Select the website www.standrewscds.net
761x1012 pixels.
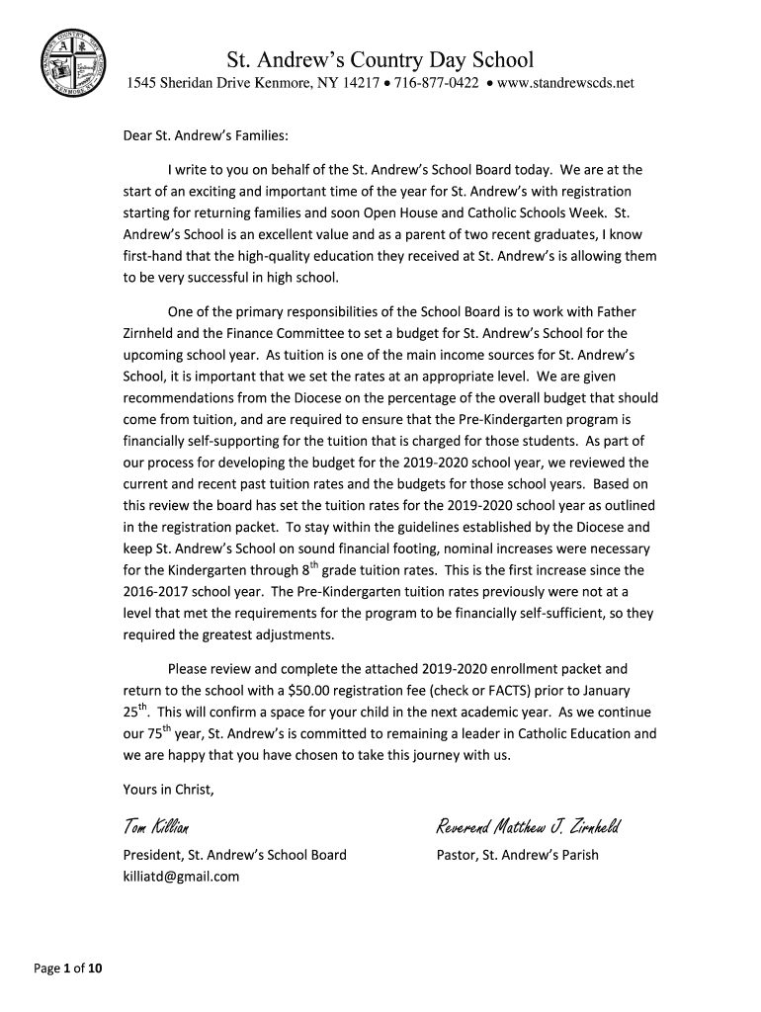pyautogui.click(x=564, y=84)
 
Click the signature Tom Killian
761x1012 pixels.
pyautogui.click(x=156, y=826)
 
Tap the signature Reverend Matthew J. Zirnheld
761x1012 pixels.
pyautogui.click(x=528, y=826)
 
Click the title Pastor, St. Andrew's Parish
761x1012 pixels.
pyautogui.click(x=517, y=855)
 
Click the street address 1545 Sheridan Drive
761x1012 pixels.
pyautogui.click(x=189, y=84)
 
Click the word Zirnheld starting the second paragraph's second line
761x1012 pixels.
pyautogui.click(x=151, y=333)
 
